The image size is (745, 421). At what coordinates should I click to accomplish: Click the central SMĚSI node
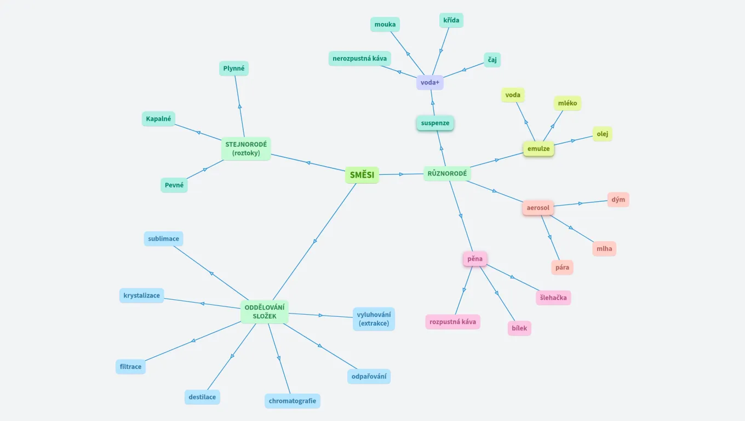[362, 175]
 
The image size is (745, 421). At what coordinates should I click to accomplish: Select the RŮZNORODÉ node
[447, 174]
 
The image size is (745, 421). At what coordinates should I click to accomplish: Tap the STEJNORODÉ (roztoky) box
[246, 149]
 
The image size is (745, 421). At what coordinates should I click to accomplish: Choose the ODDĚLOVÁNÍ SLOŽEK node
[265, 311]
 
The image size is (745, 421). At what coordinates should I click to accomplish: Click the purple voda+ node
[429, 83]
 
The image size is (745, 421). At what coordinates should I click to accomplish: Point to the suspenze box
[435, 123]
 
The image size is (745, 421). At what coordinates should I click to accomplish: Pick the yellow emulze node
[538, 149]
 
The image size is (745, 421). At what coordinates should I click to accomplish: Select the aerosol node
[538, 208]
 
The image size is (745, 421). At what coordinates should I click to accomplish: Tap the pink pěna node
[475, 259]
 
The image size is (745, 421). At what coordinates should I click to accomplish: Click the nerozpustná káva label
[359, 59]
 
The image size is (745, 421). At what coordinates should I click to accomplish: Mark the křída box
[451, 21]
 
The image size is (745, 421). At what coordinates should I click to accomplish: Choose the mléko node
[567, 103]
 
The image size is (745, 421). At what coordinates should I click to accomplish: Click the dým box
[618, 200]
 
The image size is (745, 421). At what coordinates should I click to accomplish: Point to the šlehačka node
[553, 298]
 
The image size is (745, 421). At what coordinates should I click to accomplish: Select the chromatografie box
[293, 401]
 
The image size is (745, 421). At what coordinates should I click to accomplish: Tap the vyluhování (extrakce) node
[374, 319]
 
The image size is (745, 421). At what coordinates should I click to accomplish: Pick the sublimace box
[163, 239]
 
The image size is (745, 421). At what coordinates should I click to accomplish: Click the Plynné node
[233, 69]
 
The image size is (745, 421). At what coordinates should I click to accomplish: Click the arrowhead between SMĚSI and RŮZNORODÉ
[402, 174]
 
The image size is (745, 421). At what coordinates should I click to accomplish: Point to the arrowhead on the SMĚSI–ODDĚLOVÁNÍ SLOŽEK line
[315, 241]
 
